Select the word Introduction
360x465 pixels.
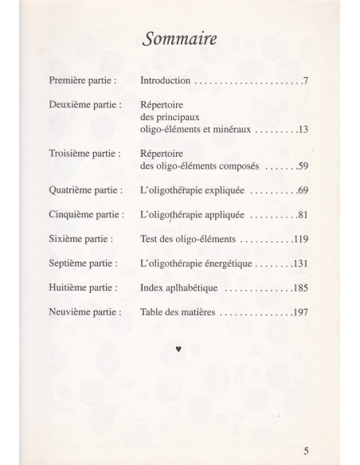point(166,81)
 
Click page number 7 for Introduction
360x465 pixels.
point(306,81)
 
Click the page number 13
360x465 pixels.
point(303,128)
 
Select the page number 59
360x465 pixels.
point(303,166)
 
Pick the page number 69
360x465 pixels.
point(303,191)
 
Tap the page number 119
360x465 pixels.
point(300,238)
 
